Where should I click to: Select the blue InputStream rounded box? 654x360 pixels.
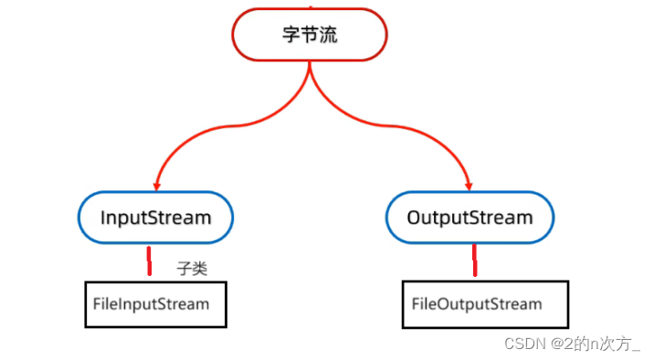(x=154, y=217)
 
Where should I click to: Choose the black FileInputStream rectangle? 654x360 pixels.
(x=155, y=304)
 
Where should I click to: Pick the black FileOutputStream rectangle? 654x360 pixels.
(x=484, y=304)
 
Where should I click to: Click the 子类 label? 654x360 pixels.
(x=192, y=269)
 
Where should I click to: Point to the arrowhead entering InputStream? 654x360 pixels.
(x=158, y=186)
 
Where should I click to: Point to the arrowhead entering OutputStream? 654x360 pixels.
(x=469, y=186)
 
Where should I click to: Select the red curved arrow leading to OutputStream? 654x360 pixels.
(x=411, y=128)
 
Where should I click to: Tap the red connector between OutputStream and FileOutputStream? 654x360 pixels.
(x=474, y=260)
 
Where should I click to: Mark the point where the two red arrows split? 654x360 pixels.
(x=310, y=71)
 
